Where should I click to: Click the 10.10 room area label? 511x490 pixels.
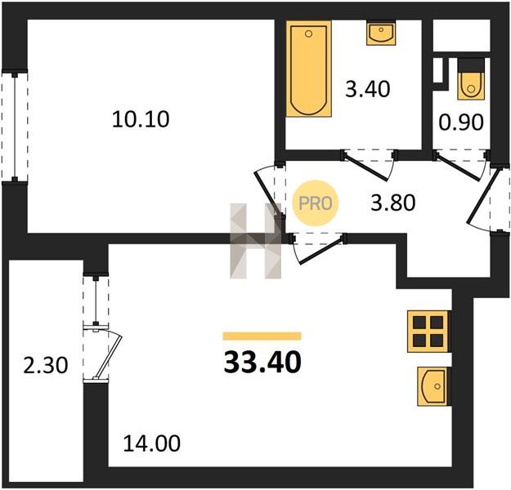[141, 119]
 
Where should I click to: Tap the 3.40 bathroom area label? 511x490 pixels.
[368, 89]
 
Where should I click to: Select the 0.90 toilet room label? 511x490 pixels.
[461, 122]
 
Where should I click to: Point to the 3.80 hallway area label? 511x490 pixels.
[393, 203]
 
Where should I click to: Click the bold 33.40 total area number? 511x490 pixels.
[262, 363]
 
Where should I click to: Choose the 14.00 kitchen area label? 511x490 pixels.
[151, 443]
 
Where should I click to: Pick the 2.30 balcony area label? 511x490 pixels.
[46, 365]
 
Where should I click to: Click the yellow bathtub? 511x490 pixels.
[308, 69]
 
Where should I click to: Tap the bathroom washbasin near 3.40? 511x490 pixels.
[381, 33]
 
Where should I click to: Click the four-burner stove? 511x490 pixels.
[428, 332]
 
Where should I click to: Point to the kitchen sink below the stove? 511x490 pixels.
[433, 386]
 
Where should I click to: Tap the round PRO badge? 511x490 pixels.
[315, 203]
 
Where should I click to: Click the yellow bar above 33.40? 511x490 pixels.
[262, 336]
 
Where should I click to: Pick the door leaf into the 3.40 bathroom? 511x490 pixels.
[366, 167]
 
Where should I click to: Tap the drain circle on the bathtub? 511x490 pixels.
[308, 33]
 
